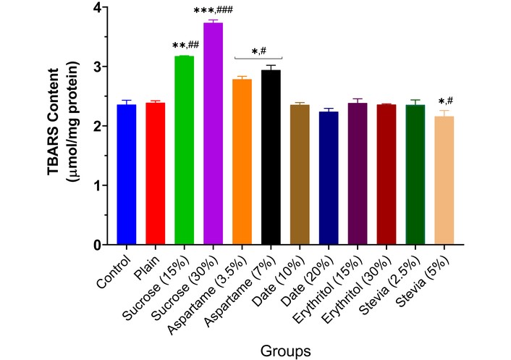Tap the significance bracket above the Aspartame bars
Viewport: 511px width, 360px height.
[x=258, y=58]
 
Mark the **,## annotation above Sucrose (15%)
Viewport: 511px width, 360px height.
[x=185, y=46]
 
